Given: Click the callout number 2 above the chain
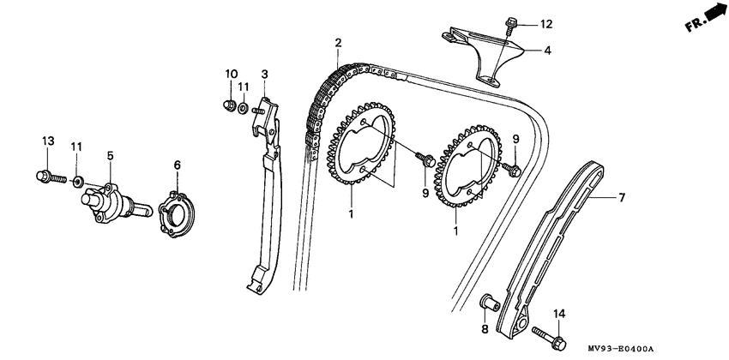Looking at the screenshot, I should point(338,43).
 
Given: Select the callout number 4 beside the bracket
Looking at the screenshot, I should point(546,51).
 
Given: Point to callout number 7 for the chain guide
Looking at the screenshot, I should point(623,198).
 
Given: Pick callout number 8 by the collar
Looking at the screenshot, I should point(484,329).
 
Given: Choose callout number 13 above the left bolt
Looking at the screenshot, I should point(47,141).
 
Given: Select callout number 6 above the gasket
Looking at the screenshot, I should point(177,165).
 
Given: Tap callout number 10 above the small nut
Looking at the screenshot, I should point(229,74).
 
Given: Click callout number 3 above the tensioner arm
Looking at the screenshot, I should point(265,74).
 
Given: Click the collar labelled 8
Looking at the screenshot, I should point(487,303).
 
